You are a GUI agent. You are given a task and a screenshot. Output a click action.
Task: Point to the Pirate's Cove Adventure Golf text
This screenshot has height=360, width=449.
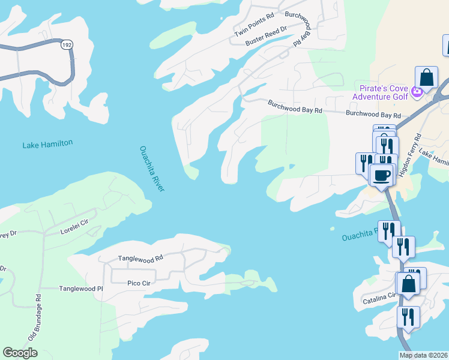379,92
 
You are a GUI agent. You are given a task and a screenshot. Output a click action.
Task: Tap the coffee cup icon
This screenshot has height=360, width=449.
382,175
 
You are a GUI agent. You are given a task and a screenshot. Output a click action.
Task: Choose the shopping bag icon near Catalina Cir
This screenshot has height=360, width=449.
408,284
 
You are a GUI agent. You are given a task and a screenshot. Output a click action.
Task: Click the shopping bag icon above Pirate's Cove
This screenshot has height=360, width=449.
426,77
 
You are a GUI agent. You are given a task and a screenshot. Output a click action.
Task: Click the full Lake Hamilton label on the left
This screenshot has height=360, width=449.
47,144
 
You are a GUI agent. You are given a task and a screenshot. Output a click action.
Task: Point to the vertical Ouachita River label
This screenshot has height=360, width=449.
152,169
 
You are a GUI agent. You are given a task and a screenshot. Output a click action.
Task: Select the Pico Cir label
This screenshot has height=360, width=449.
141,283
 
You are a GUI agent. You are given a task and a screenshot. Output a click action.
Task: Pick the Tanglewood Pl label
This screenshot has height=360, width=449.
81,289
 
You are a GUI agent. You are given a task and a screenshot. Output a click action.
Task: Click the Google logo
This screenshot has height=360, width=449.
20,353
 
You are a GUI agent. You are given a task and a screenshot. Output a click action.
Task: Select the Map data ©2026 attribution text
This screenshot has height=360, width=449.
423,355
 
